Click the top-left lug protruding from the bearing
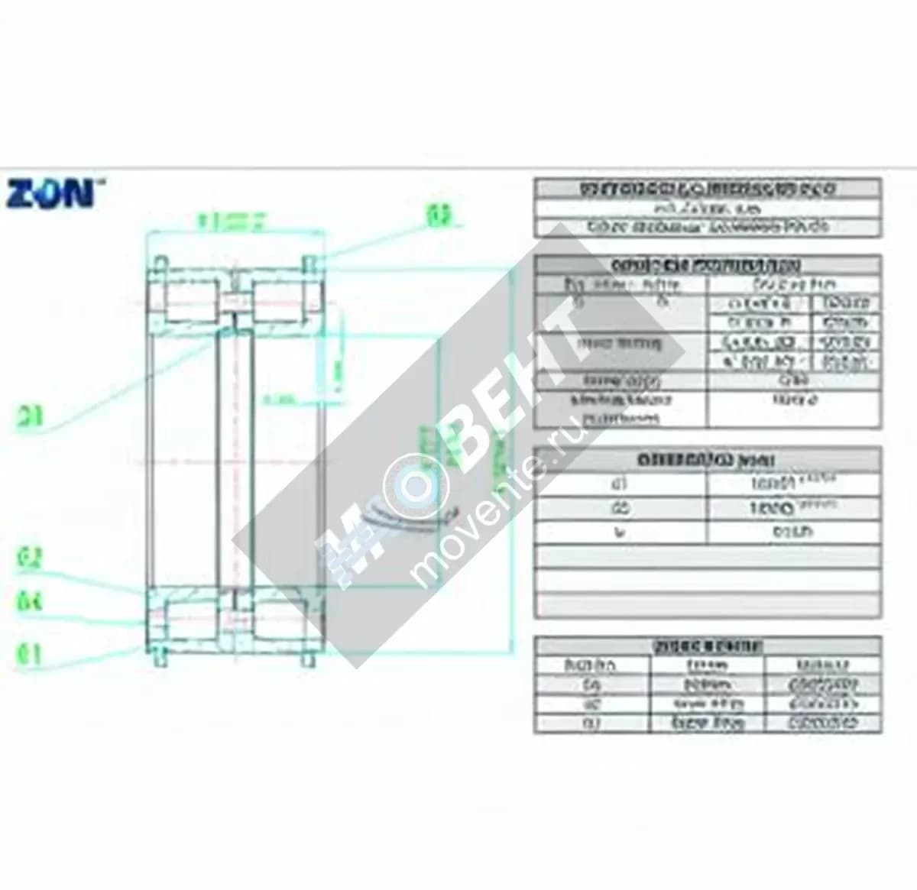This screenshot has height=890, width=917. pos(160,263)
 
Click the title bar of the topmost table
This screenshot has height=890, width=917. pos(707,189)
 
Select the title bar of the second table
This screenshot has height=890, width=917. pos(707,265)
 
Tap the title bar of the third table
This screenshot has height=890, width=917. pos(707,460)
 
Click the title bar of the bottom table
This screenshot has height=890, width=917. pos(707,646)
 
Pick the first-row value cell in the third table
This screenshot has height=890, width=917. pos(793,484)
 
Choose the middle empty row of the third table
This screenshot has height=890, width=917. pos(707,581)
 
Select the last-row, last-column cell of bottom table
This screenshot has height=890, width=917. pos(822,723)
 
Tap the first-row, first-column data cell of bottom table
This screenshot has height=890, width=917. pos(591,684)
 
